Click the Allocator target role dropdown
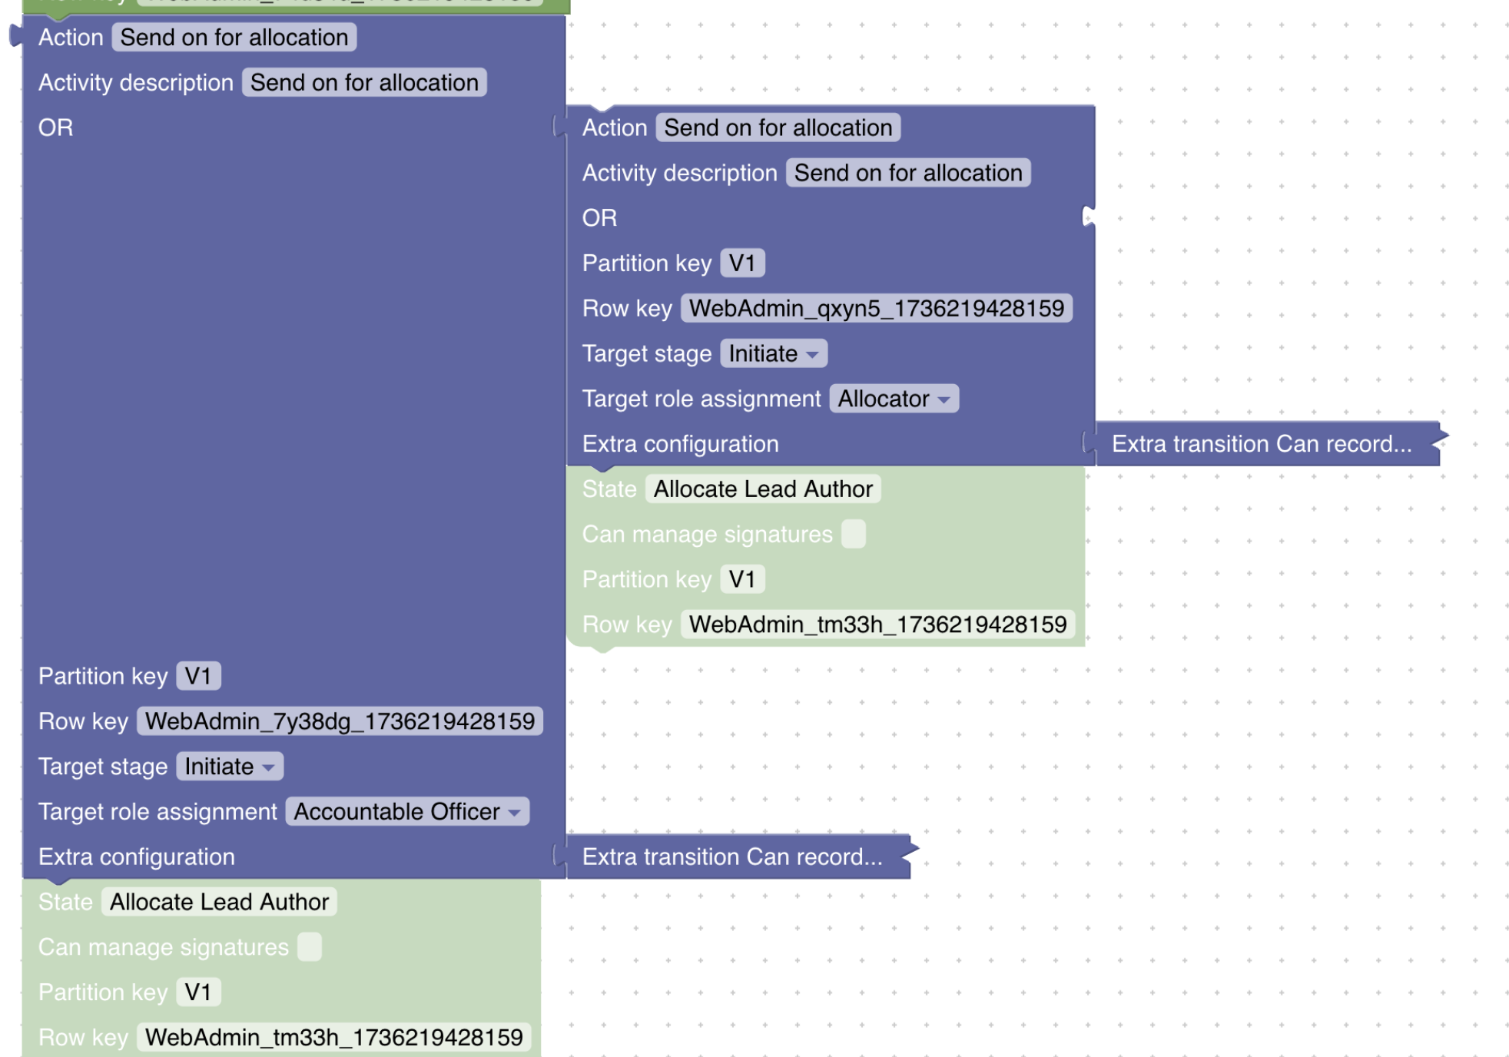(x=894, y=399)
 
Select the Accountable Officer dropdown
(x=407, y=812)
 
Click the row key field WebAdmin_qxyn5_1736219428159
(x=876, y=309)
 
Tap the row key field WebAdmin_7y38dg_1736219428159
(x=340, y=721)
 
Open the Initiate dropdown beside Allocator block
(x=773, y=354)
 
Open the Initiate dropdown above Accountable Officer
(x=229, y=767)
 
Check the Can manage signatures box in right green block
(x=853, y=534)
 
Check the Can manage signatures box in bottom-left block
(x=310, y=947)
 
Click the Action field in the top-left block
(x=234, y=38)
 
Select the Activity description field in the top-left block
(x=364, y=83)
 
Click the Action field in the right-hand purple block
(x=778, y=128)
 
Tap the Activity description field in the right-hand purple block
(x=907, y=173)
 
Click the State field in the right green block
(x=762, y=489)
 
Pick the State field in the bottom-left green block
(x=219, y=902)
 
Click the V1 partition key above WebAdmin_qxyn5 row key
(x=741, y=263)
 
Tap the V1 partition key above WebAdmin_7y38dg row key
(x=198, y=676)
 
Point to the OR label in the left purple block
(x=56, y=128)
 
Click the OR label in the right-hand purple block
(x=599, y=218)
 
